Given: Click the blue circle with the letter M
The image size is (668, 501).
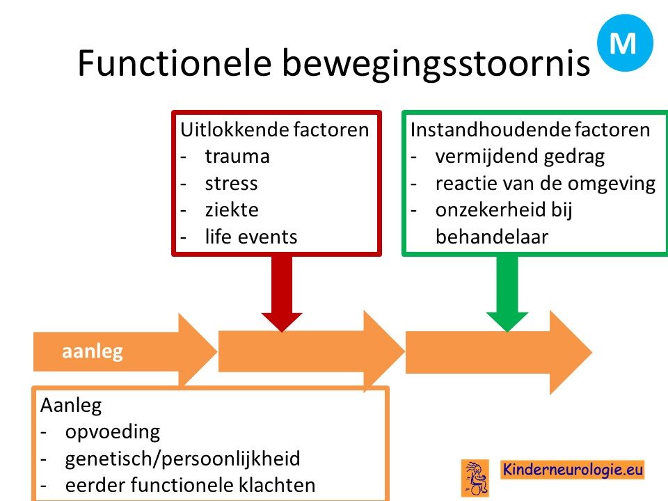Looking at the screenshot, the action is click(x=625, y=42).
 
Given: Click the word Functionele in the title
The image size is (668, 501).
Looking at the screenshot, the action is click(x=175, y=63).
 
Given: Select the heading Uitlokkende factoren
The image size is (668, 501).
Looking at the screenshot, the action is click(x=275, y=129).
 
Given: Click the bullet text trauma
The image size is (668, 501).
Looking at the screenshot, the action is click(x=237, y=157).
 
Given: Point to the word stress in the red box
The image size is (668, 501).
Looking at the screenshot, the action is click(x=231, y=184).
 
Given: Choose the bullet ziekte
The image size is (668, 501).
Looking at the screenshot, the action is click(x=232, y=210).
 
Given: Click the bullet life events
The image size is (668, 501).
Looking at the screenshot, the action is click(x=251, y=237).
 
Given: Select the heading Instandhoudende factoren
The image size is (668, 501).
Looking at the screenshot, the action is click(x=530, y=129).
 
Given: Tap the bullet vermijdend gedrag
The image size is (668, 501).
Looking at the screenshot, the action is click(x=520, y=157).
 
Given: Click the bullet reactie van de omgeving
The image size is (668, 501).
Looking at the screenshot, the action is click(x=546, y=184).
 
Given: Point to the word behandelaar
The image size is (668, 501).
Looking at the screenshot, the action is click(x=492, y=237).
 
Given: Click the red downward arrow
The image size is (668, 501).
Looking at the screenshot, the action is click(x=282, y=293).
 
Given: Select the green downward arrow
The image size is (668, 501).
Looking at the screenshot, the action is click(x=507, y=293).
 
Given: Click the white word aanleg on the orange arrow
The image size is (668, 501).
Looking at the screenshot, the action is click(x=93, y=352).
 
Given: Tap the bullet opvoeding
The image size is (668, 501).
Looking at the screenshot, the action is click(x=113, y=432).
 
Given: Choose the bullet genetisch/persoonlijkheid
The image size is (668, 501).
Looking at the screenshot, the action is click(x=183, y=459).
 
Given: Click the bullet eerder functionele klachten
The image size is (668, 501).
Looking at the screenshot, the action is click(x=191, y=485).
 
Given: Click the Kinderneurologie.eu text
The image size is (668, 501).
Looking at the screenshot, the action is click(x=573, y=470).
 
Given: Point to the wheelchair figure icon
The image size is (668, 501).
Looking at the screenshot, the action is click(x=475, y=478).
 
